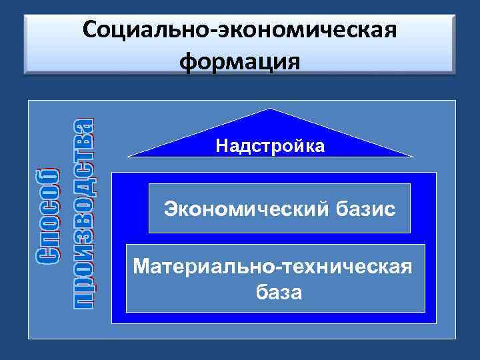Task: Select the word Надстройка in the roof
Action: tap(270, 146)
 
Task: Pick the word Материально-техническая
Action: tap(273, 267)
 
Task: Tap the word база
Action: tap(277, 292)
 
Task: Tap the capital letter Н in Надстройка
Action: tap(221, 146)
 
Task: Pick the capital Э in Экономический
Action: tap(171, 209)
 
